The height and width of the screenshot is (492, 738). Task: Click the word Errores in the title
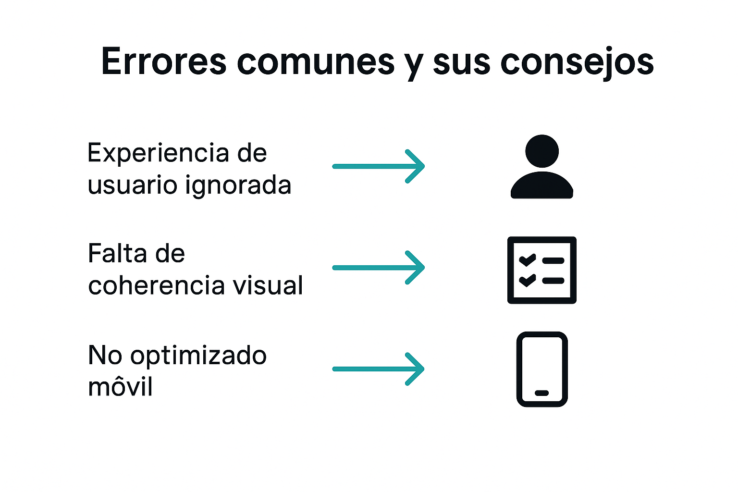[163, 61]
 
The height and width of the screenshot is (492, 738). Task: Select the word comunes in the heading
[316, 61]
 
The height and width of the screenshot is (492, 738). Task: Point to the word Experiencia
[158, 154]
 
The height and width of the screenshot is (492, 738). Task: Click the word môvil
[120, 386]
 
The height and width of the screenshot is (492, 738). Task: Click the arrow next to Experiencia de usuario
[379, 166]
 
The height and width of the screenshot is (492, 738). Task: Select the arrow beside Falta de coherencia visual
[379, 268]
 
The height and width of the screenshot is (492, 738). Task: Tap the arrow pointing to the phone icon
[379, 369]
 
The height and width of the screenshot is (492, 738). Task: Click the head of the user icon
[542, 151]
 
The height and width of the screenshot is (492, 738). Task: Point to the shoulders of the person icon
[542, 186]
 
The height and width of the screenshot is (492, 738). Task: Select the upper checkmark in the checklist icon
[527, 260]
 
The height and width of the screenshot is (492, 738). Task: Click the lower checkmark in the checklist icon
[527, 280]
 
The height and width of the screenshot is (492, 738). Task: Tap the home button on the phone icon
[542, 393]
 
